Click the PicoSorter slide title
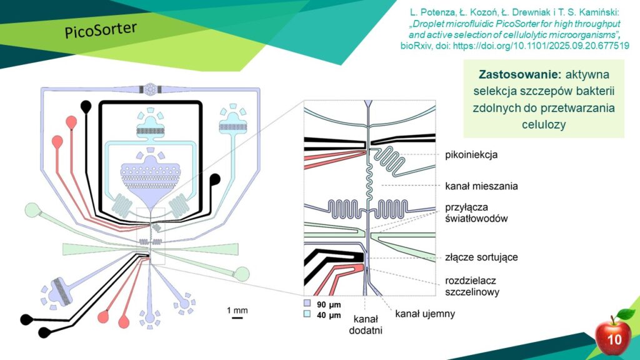pyautogui.click(x=101, y=29)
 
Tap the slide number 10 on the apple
pyautogui.click(x=614, y=339)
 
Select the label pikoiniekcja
pyautogui.click(x=471, y=155)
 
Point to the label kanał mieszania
pyautogui.click(x=481, y=186)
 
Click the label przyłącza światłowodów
pyautogui.click(x=476, y=212)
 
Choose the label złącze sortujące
pyautogui.click(x=481, y=257)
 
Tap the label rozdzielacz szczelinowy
pyautogui.click(x=472, y=286)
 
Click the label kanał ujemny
pyautogui.click(x=425, y=314)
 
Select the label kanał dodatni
pyautogui.click(x=365, y=324)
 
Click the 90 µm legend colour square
pyautogui.click(x=307, y=303)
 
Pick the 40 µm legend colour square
pyautogui.click(x=307, y=314)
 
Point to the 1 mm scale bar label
pyautogui.click(x=237, y=310)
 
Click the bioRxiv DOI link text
pyautogui.click(x=541, y=46)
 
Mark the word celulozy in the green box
pyautogui.click(x=544, y=124)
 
